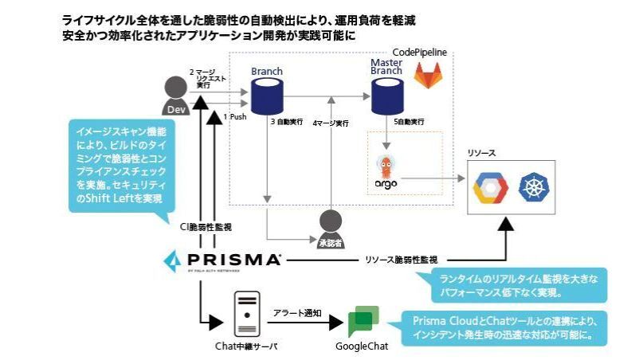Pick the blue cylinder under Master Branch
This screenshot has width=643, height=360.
tap(386, 96)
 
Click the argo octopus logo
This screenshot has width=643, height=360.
tap(386, 172)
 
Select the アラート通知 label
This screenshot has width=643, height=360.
tap(296, 313)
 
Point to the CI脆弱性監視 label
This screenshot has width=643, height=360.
tap(206, 228)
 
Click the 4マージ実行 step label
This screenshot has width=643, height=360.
tap(331, 123)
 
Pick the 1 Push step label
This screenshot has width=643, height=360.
tap(235, 116)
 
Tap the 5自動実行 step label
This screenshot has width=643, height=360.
tap(408, 123)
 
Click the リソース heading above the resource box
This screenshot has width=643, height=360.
tap(481, 151)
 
